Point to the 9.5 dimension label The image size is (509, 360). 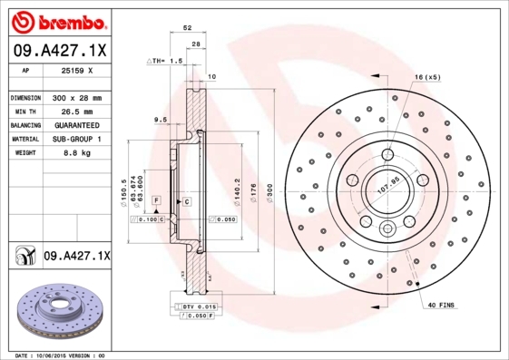161,120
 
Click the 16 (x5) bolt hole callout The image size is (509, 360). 426,77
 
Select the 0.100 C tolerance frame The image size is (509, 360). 148,219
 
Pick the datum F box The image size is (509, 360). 156,199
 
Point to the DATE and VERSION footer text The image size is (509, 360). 62,355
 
